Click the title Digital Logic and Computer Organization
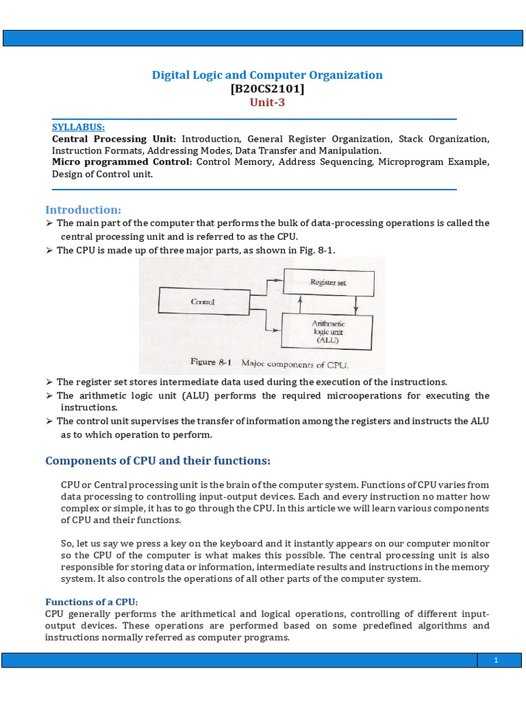[267, 75]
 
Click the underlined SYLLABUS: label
[78, 127]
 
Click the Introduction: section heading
[83, 209]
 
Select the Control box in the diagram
[203, 301]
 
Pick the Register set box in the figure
[328, 281]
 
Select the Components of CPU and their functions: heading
[158, 460]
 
